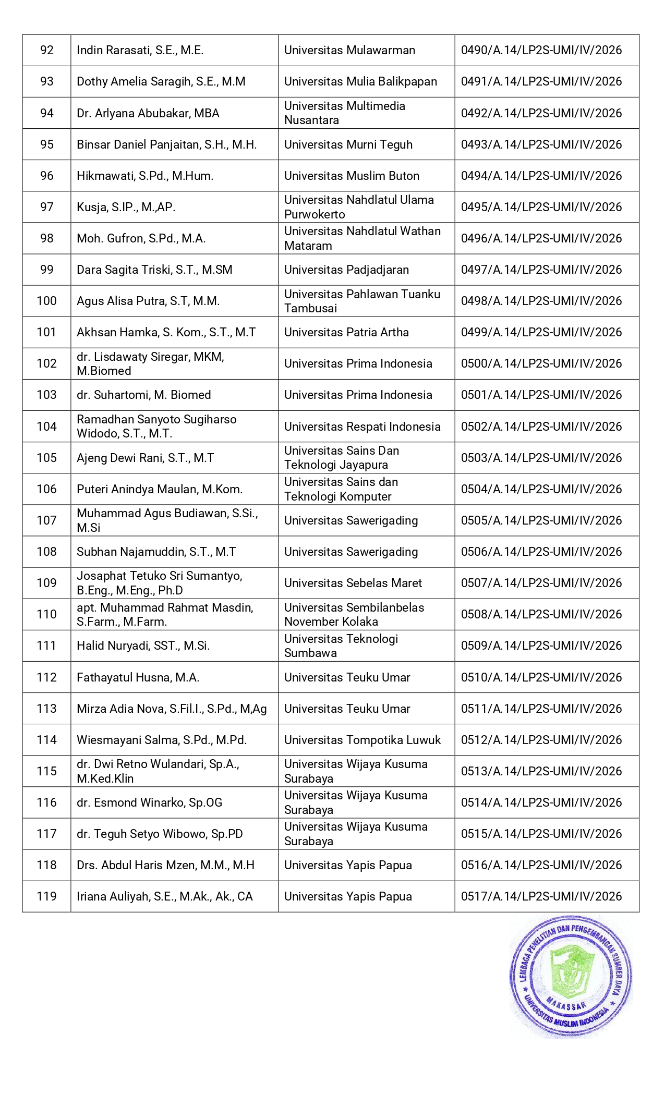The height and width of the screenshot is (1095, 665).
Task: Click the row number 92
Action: pyautogui.click(x=47, y=50)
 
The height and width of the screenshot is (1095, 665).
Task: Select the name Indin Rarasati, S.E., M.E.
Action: pyautogui.click(x=140, y=50)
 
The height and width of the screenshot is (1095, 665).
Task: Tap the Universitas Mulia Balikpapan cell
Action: pyautogui.click(x=360, y=81)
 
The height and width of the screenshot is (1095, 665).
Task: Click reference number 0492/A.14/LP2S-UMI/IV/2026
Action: pyautogui.click(x=541, y=113)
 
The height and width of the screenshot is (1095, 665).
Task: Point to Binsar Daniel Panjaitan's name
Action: pyautogui.click(x=166, y=144)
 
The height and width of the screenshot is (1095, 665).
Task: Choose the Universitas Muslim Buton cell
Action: pyautogui.click(x=352, y=176)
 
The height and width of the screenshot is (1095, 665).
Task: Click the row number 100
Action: pyautogui.click(x=47, y=301)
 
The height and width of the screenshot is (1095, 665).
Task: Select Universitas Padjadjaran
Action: pyautogui.click(x=346, y=270)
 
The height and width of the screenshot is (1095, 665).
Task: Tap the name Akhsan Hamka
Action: pyautogui.click(x=166, y=332)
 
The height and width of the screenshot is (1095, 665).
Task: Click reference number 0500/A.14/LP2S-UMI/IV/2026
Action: pyautogui.click(x=541, y=363)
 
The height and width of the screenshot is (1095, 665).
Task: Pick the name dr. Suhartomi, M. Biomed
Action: pyautogui.click(x=143, y=395)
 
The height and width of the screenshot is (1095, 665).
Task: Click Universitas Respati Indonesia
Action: pyautogui.click(x=362, y=427)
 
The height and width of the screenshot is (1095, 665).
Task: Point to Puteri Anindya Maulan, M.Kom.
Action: pyautogui.click(x=160, y=489)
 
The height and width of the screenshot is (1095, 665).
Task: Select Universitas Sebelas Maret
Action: pyautogui.click(x=353, y=583)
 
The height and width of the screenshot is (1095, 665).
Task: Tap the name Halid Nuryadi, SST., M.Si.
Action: pyautogui.click(x=143, y=646)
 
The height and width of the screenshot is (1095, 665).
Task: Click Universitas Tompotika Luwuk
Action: pyautogui.click(x=362, y=740)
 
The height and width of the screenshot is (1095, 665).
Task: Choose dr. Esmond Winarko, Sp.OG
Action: pyautogui.click(x=149, y=802)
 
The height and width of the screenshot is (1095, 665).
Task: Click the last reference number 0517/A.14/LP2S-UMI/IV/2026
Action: pyautogui.click(x=541, y=896)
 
